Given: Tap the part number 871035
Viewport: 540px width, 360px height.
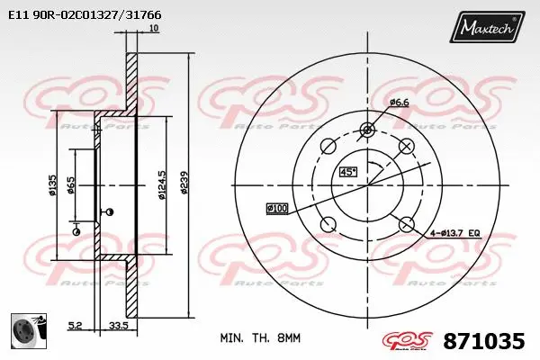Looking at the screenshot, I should point(484,341).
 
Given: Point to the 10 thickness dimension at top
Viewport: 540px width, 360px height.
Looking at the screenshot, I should point(154,29).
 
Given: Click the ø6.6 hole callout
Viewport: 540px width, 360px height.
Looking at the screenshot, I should point(400,103).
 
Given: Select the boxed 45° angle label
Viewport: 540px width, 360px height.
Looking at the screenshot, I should point(347,172).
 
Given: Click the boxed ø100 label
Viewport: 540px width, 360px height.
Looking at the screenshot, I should point(277,209).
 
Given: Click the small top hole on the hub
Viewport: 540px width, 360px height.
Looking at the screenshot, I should point(366,130).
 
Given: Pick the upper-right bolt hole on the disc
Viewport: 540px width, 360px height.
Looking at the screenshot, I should point(406,146).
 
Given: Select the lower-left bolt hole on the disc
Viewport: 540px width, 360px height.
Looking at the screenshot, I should point(328,223).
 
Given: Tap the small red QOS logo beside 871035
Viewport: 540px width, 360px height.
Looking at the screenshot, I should point(408,340).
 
